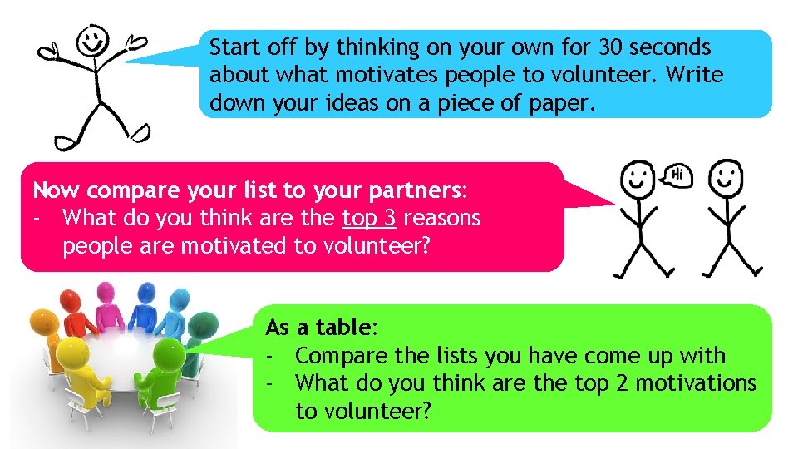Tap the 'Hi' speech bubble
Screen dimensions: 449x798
point(677,175)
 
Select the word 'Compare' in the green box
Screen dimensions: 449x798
point(342,356)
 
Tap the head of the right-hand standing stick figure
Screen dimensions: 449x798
point(727,177)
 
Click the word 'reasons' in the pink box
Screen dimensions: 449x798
point(441,219)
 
